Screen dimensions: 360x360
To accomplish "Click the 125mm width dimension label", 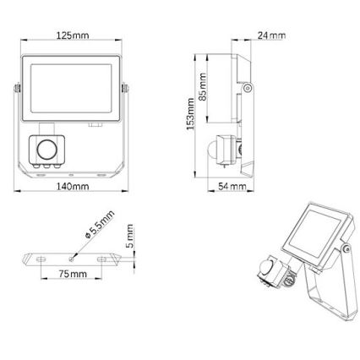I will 72,36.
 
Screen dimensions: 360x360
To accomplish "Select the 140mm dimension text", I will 72,186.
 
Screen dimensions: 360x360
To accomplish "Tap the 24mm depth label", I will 271,36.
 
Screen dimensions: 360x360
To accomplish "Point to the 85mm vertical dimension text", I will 202,85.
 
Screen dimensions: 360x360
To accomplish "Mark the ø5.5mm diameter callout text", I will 99,224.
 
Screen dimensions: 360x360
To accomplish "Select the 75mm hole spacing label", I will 72,275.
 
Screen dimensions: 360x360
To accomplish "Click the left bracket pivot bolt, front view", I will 16,89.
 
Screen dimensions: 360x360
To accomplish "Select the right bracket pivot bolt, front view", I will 127,89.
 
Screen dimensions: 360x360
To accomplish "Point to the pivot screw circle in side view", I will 247,88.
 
